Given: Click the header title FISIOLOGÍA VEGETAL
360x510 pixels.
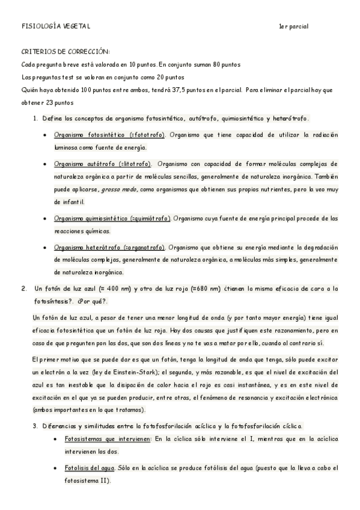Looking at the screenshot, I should click(55, 27).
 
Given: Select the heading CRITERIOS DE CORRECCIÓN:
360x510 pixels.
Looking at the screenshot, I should click(66, 52).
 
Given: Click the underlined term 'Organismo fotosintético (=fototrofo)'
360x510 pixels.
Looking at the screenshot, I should click(110, 135).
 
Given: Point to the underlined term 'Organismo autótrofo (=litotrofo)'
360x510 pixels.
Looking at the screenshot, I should click(103, 164).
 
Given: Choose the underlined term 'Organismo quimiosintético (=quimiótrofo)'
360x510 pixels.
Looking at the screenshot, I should click(112, 218).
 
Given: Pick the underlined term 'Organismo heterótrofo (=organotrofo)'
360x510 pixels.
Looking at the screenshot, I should click(109, 247).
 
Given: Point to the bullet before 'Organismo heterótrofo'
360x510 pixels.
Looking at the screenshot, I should click(46, 247).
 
